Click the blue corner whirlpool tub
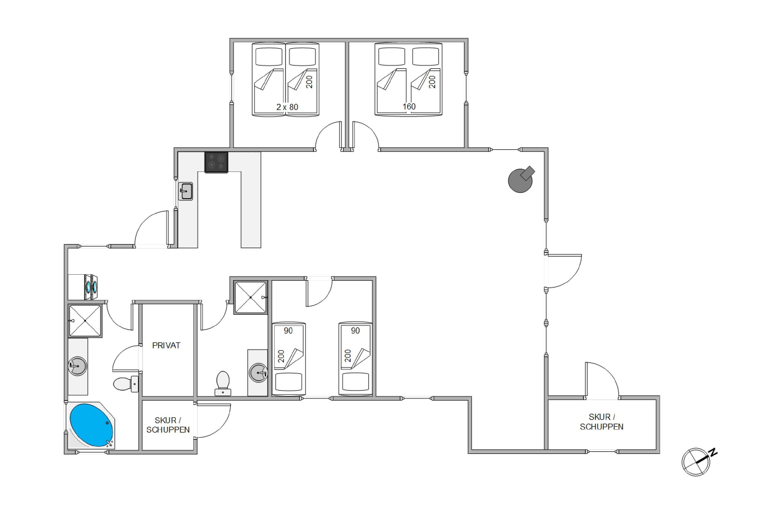coord(91,425)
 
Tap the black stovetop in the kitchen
coord(216,162)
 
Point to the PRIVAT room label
coord(166,345)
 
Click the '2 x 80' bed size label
coord(287,107)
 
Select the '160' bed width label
coord(409,107)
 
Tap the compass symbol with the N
coord(698,462)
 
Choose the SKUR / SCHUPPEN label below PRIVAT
coord(168,425)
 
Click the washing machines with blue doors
coord(91,287)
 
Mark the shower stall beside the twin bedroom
coord(250,297)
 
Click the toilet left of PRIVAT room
coord(126,384)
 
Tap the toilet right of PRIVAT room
coord(223,383)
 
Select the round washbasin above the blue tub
coord(77,366)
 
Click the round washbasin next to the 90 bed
coord(258,373)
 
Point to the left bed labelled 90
coord(289,359)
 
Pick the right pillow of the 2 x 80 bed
coord(302,57)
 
